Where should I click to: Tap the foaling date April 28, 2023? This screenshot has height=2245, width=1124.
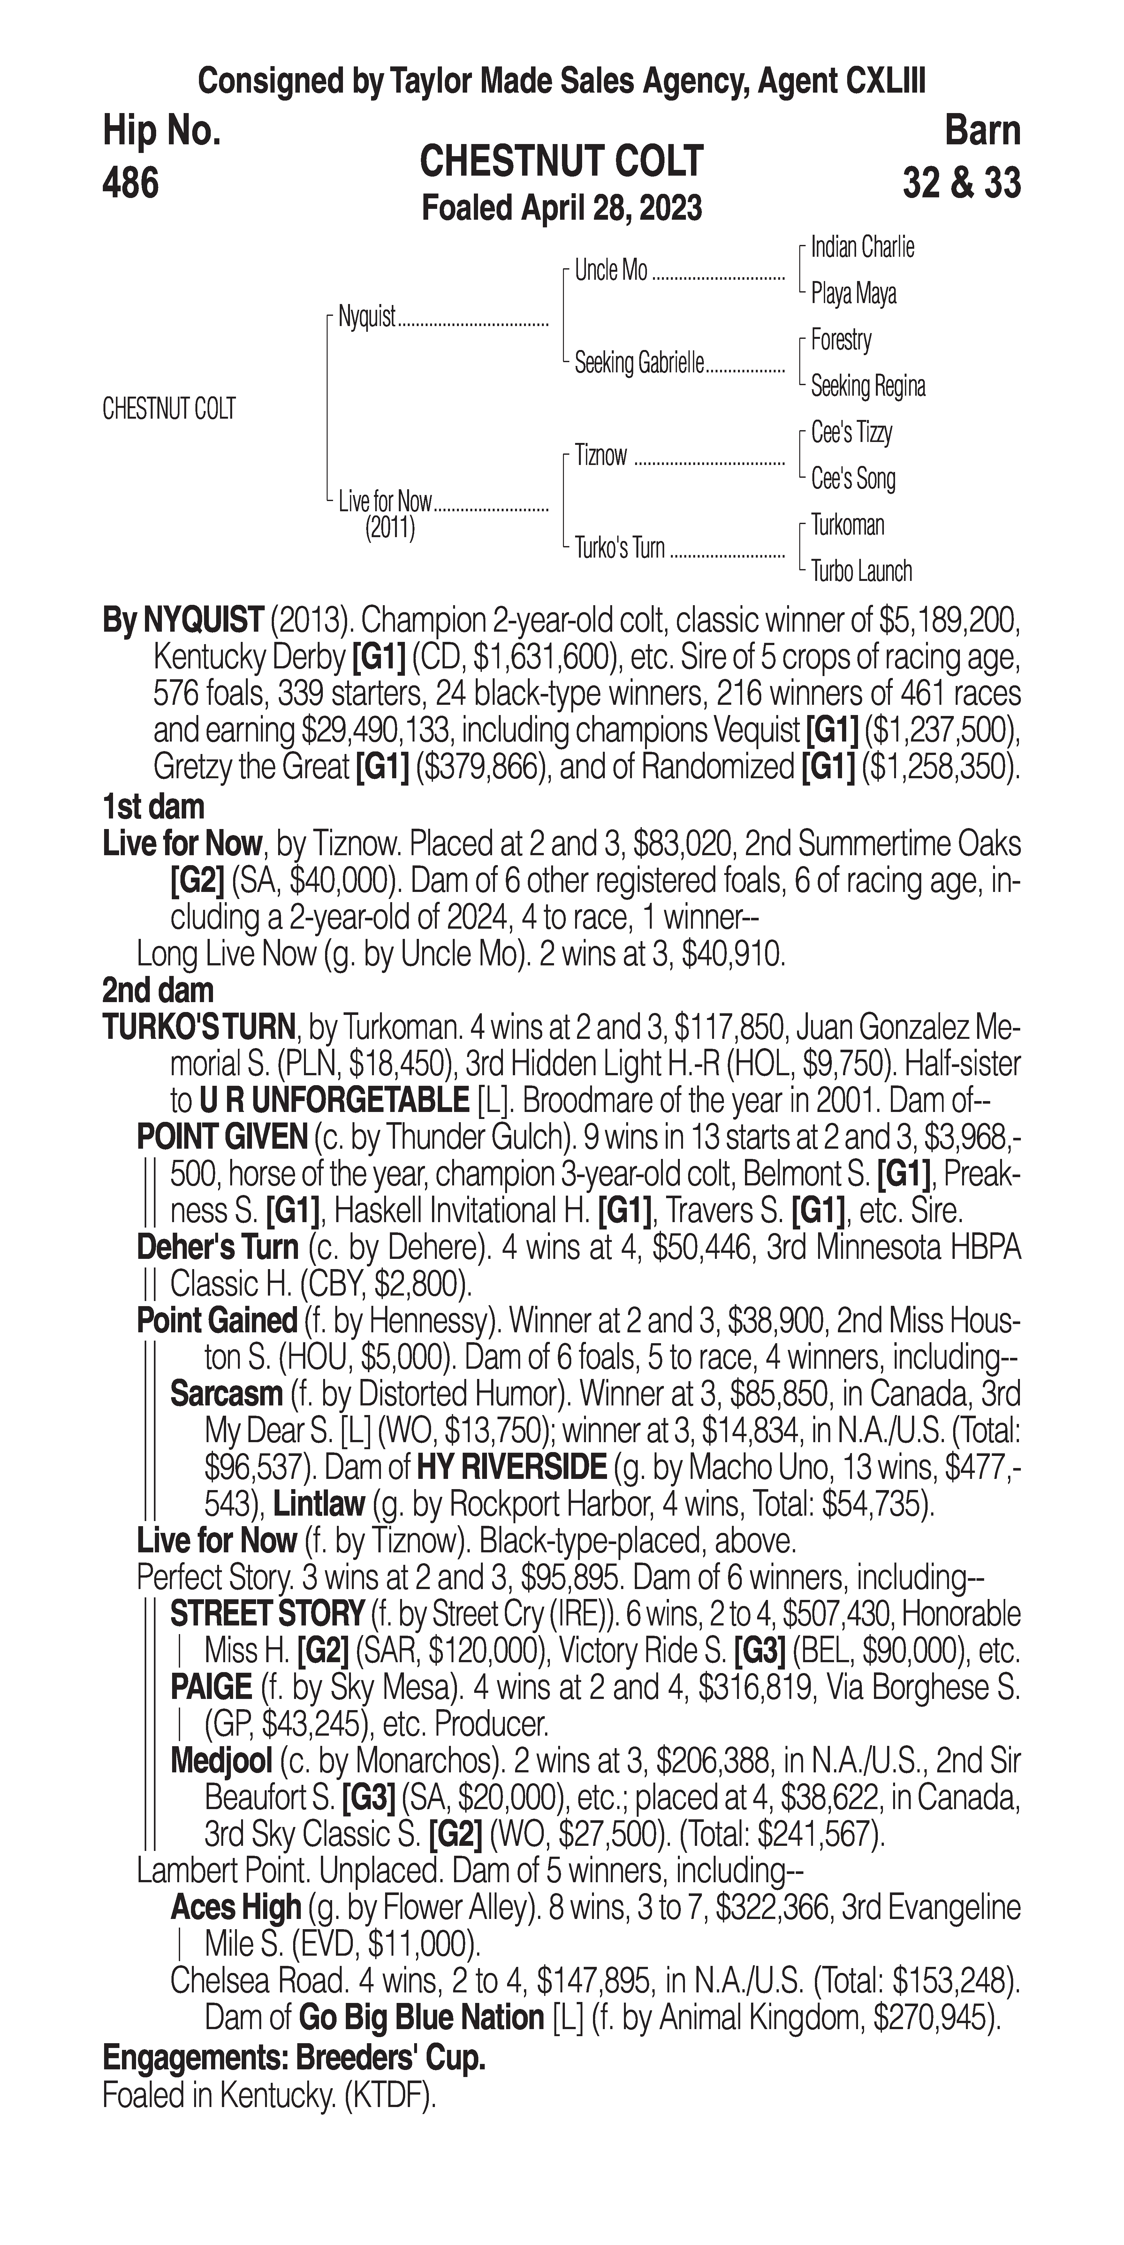coord(561,208)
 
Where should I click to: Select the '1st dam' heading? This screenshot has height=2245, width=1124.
coord(153,807)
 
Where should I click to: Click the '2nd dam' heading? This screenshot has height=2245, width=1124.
coord(158,991)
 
